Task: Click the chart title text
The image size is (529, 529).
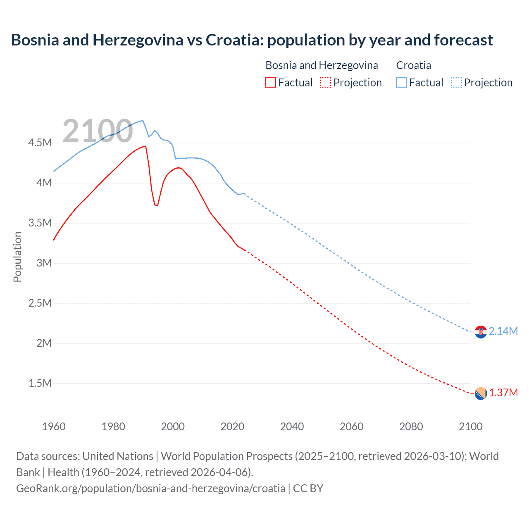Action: click(x=252, y=40)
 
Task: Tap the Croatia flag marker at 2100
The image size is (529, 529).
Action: click(x=480, y=331)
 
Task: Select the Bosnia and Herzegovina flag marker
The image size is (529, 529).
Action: click(x=480, y=393)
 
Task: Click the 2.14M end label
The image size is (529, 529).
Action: click(x=503, y=331)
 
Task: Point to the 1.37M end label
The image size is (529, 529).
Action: click(x=503, y=393)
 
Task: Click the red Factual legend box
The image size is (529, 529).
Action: click(x=270, y=82)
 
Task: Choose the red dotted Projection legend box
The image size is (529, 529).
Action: click(x=325, y=82)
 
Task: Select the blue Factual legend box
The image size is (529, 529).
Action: click(x=401, y=82)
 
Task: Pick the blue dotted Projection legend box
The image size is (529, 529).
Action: click(x=456, y=82)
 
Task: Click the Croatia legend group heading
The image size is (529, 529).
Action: click(x=413, y=65)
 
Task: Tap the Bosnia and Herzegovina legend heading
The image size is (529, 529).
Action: click(x=322, y=65)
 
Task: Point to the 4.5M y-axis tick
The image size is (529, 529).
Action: click(x=40, y=143)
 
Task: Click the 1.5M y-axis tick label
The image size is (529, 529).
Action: click(x=40, y=383)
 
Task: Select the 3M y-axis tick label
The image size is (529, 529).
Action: click(x=44, y=263)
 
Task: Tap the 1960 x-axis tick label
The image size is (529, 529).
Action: click(x=54, y=427)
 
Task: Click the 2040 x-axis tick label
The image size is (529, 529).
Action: click(x=292, y=427)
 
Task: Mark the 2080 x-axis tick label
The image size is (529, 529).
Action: click(x=411, y=427)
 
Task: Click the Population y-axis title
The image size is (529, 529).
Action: click(x=17, y=257)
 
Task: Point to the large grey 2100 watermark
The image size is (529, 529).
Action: click(x=98, y=131)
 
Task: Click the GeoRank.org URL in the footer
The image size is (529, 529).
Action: click(x=151, y=488)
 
